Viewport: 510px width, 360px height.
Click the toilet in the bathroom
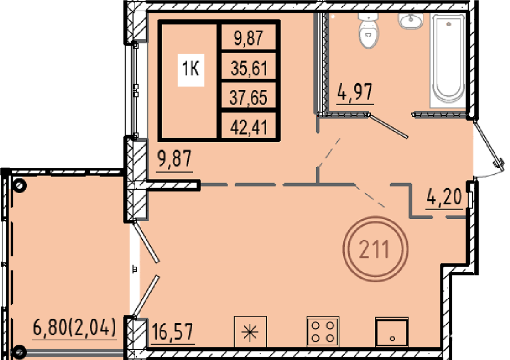tap(368, 31)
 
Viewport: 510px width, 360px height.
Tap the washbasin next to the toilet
tap(411, 21)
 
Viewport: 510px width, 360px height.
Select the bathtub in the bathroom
tap(448, 61)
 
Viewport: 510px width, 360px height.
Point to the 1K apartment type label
tap(191, 69)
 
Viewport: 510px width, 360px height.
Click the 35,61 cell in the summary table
tap(249, 68)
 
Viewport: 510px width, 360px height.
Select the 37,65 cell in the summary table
tap(248, 97)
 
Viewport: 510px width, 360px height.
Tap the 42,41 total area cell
tap(249, 127)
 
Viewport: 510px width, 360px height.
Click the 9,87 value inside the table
tap(248, 38)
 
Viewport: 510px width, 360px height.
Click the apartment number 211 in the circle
tap(375, 249)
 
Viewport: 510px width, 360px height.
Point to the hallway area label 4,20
tap(444, 196)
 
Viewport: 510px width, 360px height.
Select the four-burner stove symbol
tap(323, 332)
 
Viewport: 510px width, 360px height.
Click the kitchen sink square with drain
tap(392, 332)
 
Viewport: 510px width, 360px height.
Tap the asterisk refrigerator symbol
tap(250, 332)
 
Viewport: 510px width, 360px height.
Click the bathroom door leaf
tap(388, 126)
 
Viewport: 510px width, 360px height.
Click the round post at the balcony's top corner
tap(19, 186)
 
